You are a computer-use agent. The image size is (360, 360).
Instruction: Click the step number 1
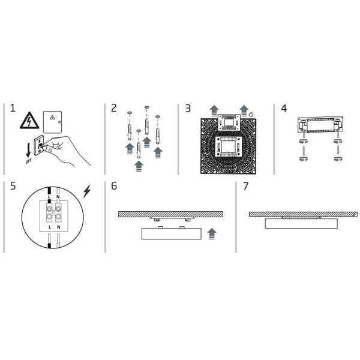13,109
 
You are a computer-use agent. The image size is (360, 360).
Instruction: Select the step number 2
113,109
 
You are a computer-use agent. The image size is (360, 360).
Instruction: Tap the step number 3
188,109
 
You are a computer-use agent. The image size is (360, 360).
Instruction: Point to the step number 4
284,109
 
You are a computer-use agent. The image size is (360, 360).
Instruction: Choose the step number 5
13,186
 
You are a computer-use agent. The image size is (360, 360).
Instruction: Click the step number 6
114,186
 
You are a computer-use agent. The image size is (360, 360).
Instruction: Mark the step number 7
245,186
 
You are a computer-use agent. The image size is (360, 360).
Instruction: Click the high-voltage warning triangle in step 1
29,121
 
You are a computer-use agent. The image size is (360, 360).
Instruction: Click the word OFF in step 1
29,161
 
